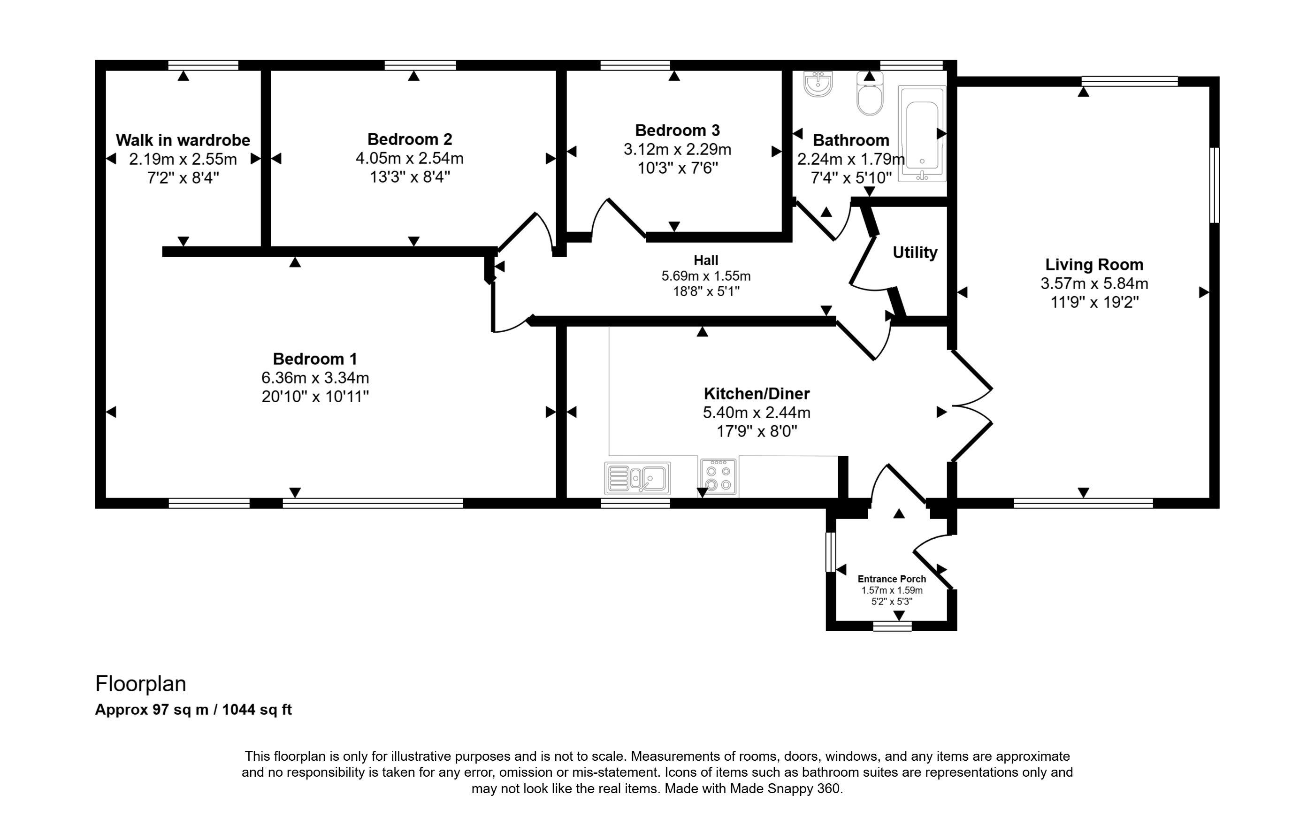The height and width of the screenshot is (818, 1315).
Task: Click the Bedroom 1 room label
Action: (315, 359)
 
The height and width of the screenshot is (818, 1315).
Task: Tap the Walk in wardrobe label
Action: (183, 140)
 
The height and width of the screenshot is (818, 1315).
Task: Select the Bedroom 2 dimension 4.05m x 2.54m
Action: (410, 158)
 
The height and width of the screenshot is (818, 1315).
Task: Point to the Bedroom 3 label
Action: (677, 130)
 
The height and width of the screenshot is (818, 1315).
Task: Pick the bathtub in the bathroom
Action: (922, 133)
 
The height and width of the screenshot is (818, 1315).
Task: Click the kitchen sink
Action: (638, 478)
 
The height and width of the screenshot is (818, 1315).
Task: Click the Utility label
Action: (915, 252)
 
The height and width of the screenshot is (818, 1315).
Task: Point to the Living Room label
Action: (1094, 265)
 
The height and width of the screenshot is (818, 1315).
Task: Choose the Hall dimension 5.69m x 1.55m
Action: (706, 276)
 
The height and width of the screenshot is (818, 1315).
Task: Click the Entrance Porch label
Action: (892, 579)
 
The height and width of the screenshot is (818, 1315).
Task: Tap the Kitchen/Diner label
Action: (757, 393)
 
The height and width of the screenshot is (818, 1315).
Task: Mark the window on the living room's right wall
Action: (1215, 185)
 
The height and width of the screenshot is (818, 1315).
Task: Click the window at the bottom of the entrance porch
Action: (893, 626)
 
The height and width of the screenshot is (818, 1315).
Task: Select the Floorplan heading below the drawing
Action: (141, 684)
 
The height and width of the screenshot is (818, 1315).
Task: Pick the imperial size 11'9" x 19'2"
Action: (1094, 302)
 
